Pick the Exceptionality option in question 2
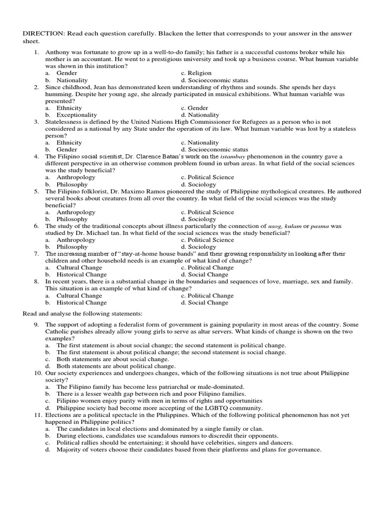[76, 115]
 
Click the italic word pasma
[320, 226]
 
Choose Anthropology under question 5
[75, 212]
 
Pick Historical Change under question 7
[81, 275]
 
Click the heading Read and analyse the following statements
[83, 313]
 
